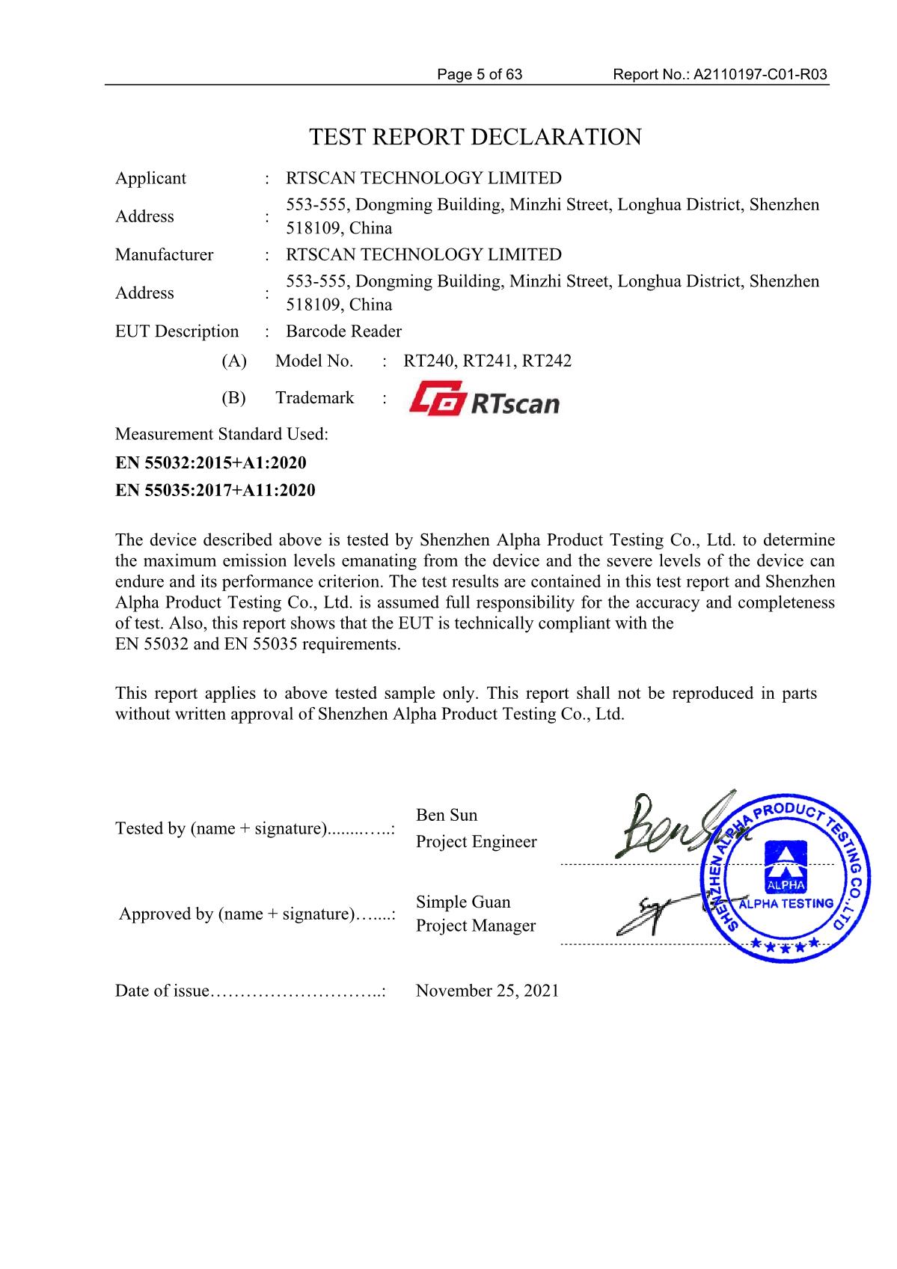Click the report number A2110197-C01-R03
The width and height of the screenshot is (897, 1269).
(x=760, y=74)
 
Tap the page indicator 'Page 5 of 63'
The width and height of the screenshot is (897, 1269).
(x=480, y=74)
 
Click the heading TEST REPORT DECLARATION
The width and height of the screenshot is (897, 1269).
(x=475, y=137)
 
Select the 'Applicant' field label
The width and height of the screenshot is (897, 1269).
(x=150, y=178)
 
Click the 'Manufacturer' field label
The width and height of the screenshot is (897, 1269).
(x=164, y=254)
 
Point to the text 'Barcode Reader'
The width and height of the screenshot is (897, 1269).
(x=343, y=331)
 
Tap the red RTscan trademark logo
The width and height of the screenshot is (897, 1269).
(x=484, y=398)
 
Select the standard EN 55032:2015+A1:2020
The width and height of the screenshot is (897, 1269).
(x=210, y=462)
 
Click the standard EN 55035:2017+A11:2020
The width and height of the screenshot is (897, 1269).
(x=215, y=490)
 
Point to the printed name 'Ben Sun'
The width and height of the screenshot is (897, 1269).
(x=446, y=815)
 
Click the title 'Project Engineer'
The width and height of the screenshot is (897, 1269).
(x=476, y=842)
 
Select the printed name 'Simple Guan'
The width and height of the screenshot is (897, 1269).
(x=463, y=902)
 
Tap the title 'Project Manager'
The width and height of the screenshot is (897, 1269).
(x=476, y=926)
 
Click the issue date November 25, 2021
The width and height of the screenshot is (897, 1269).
(x=487, y=991)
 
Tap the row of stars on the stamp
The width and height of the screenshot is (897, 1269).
(x=786, y=946)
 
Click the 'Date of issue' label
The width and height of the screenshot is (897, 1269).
(x=162, y=991)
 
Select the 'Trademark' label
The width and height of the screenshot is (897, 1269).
(x=314, y=397)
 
